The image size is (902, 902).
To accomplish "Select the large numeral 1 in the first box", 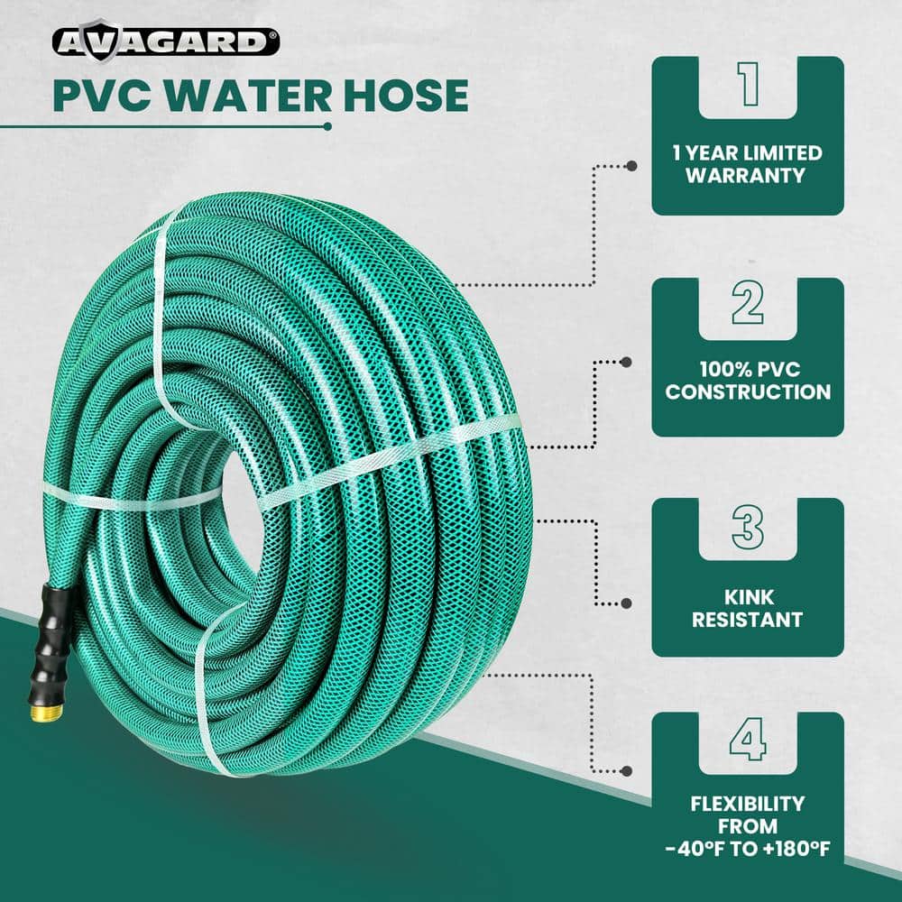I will click(x=747, y=86).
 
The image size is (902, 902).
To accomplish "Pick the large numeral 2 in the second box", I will click(x=747, y=306).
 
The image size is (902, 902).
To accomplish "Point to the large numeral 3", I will click(x=747, y=527).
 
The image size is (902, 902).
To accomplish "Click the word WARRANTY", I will click(x=747, y=175).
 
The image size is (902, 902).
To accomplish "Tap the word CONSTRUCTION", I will click(x=748, y=392).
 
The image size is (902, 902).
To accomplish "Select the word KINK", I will click(x=747, y=598).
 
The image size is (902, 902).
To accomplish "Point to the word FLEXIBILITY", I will click(x=747, y=804).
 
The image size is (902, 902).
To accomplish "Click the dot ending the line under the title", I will click(x=327, y=126).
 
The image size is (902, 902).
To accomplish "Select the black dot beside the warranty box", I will click(x=631, y=166).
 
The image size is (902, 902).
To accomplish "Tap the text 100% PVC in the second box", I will click(x=747, y=370).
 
